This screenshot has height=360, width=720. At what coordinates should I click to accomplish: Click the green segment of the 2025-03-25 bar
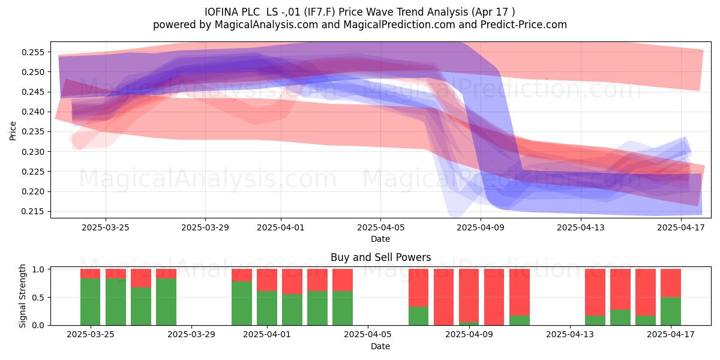pos(91,302)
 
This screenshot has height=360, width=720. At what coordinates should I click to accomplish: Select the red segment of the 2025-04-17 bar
pos(671,283)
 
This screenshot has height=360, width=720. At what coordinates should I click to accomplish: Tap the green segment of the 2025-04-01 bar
pos(267,308)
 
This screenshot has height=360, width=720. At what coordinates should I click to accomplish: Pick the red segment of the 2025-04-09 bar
pos(469,295)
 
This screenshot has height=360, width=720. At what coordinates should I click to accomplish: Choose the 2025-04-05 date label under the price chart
pos(380,227)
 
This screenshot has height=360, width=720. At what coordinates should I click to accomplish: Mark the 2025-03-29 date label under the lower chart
pos(191,335)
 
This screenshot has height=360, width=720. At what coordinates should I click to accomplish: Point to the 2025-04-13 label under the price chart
pos(581,227)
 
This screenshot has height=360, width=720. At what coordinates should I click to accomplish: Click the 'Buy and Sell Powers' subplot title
pos(380,257)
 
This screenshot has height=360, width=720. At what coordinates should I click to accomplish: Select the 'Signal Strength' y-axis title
pos(22,296)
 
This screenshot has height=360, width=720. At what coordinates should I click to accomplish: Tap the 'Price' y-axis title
pos(13,131)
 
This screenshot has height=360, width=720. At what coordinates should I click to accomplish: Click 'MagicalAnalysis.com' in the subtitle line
pos(266,25)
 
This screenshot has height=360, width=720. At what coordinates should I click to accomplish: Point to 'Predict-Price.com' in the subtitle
pos(524,25)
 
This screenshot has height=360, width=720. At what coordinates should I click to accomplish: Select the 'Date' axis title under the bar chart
pos(380,347)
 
